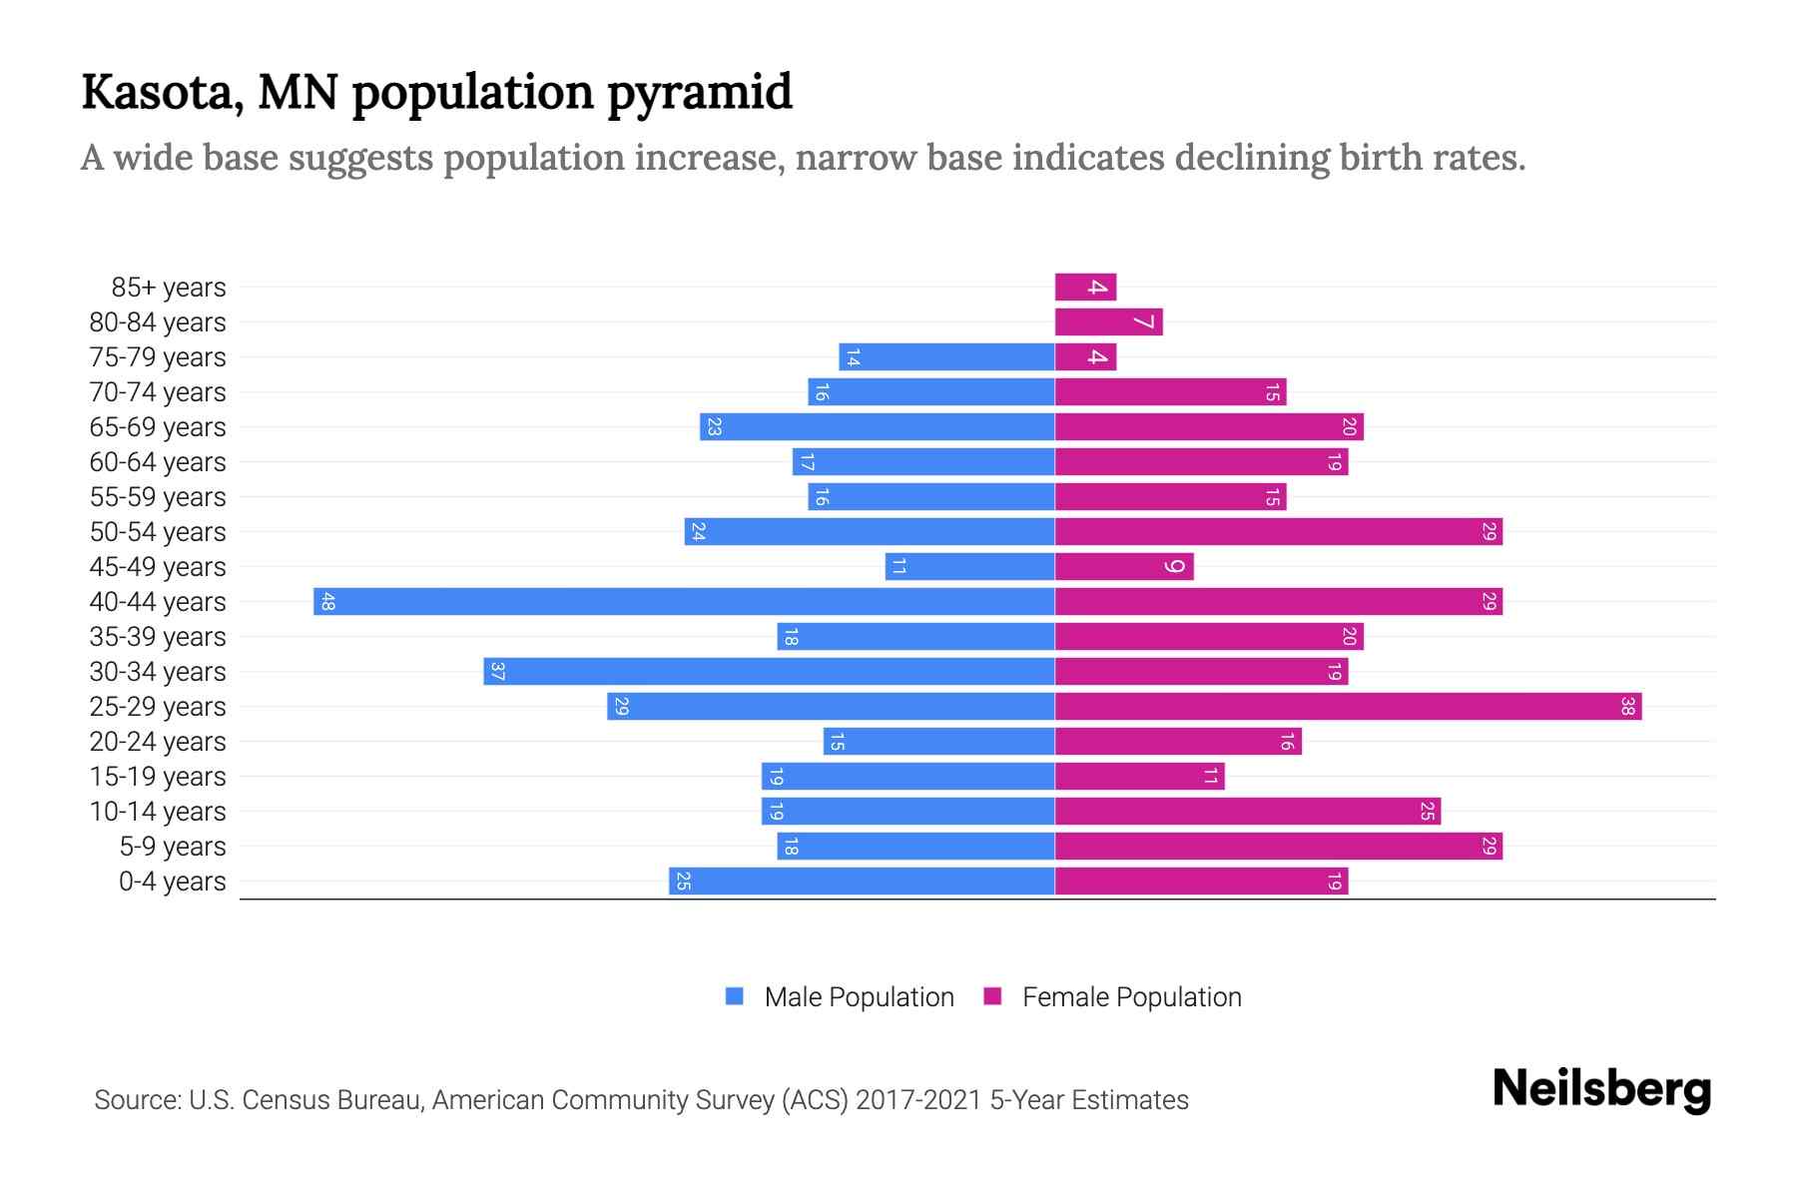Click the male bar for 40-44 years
(684, 602)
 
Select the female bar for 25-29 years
(1348, 707)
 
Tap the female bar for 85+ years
(1085, 288)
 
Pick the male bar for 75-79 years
(946, 357)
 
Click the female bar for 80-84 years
(1108, 322)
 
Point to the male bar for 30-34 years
(769, 672)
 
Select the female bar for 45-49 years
(1124, 567)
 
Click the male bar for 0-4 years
(862, 882)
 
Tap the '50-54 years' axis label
(158, 532)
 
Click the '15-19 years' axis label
(158, 777)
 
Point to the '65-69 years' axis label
(158, 427)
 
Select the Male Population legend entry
(840, 997)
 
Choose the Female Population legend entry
(1112, 997)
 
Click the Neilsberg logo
(1601, 1089)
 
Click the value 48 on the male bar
(327, 602)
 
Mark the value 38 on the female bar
(1627, 707)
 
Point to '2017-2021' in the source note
(918, 1100)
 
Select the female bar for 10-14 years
(1248, 812)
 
